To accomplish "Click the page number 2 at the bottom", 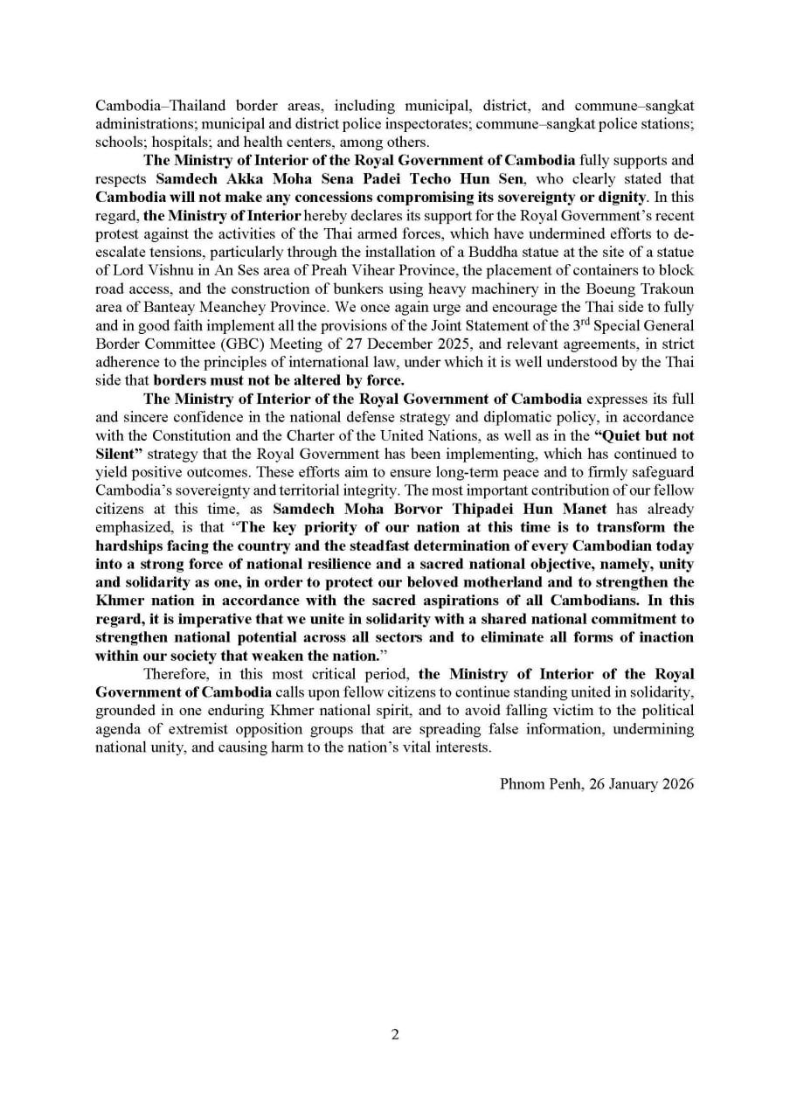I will point(395,1034).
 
